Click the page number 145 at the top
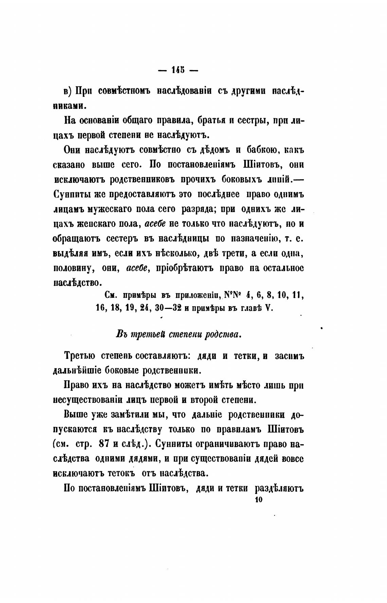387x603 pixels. tap(178, 70)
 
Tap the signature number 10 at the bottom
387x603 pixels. tap(258, 500)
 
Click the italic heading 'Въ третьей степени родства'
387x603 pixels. tap(178, 334)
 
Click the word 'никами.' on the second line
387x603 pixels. tap(70, 106)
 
